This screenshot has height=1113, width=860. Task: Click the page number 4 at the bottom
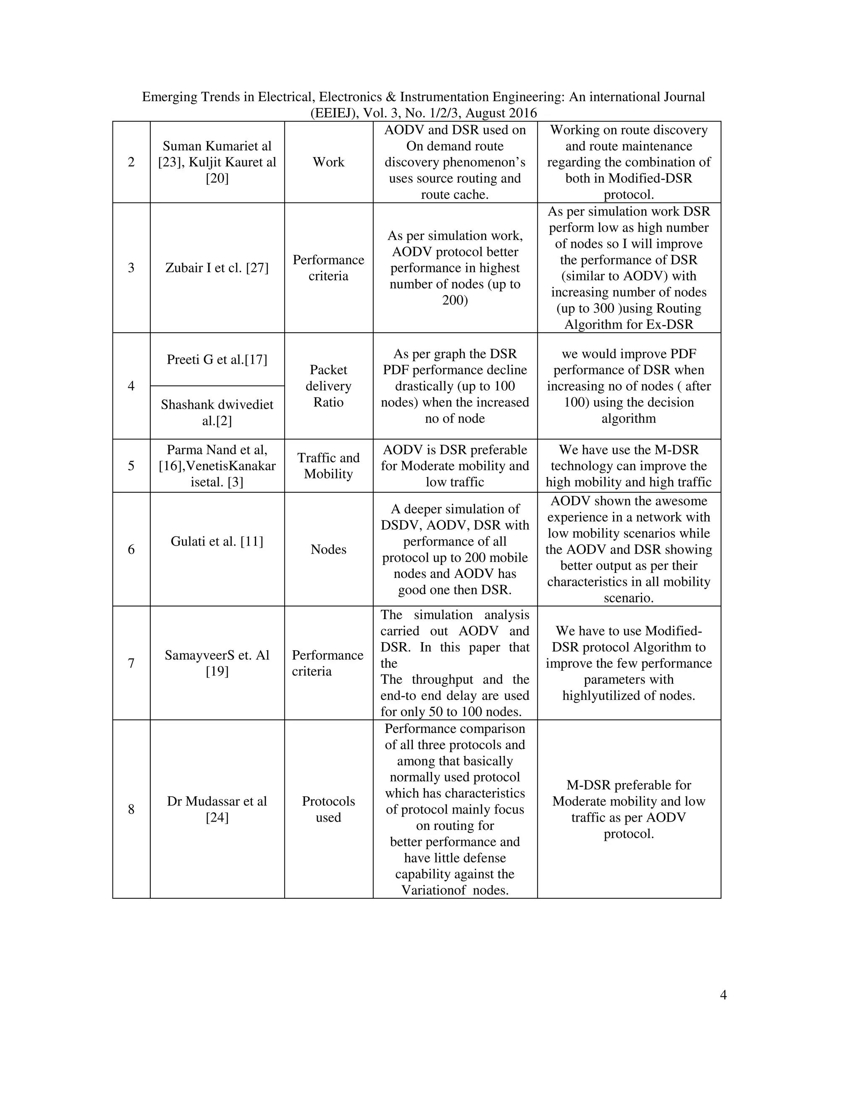[x=723, y=995]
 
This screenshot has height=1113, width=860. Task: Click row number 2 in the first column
[x=131, y=162]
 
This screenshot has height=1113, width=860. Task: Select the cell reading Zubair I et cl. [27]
[x=217, y=268]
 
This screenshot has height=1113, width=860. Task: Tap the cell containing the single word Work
[x=329, y=162]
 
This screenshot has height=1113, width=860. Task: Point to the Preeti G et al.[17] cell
[x=217, y=360]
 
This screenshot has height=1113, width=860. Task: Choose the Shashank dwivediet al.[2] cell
[x=217, y=413]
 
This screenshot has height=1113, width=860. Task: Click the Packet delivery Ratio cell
[x=329, y=386]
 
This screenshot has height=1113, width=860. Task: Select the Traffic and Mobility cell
[x=329, y=466]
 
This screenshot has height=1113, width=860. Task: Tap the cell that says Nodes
[x=329, y=549]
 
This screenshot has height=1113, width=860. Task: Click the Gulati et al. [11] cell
[x=217, y=541]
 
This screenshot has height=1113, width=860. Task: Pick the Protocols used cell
[x=329, y=809]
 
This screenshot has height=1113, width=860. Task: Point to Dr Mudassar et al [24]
[x=217, y=809]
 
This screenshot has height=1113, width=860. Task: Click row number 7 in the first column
[x=131, y=664]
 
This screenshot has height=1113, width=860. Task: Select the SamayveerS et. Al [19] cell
[x=217, y=663]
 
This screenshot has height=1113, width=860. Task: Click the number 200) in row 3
[x=455, y=300]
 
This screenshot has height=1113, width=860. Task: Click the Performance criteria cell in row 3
[x=329, y=268]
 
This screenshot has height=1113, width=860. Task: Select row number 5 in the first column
[x=131, y=466]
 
